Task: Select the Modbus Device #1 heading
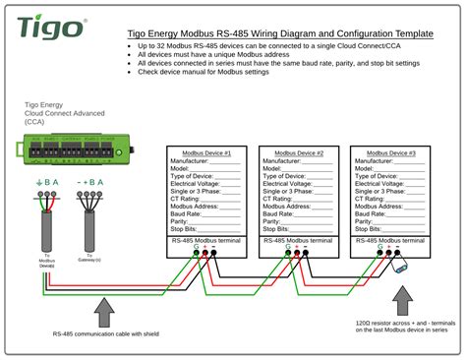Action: [204, 153]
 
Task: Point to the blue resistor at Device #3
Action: [401, 266]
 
